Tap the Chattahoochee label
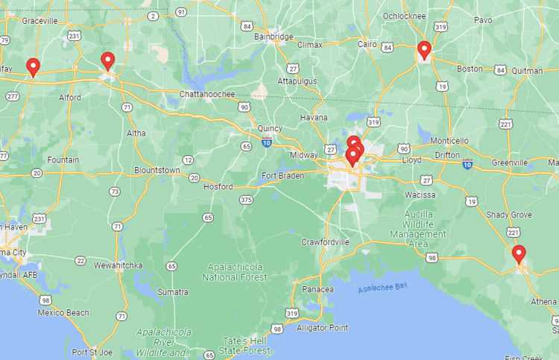(x=207, y=94)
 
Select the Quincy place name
(x=270, y=128)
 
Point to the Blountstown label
(x=157, y=170)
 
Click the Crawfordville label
(x=325, y=242)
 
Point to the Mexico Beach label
(x=63, y=312)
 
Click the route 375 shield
(x=246, y=200)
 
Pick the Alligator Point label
(x=322, y=327)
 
